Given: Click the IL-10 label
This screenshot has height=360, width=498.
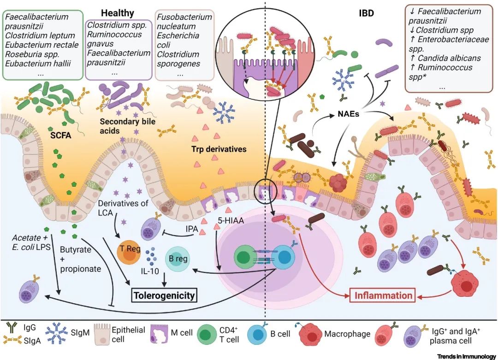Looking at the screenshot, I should [x=150, y=271].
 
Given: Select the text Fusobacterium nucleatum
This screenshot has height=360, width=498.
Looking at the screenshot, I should [x=184, y=22].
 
